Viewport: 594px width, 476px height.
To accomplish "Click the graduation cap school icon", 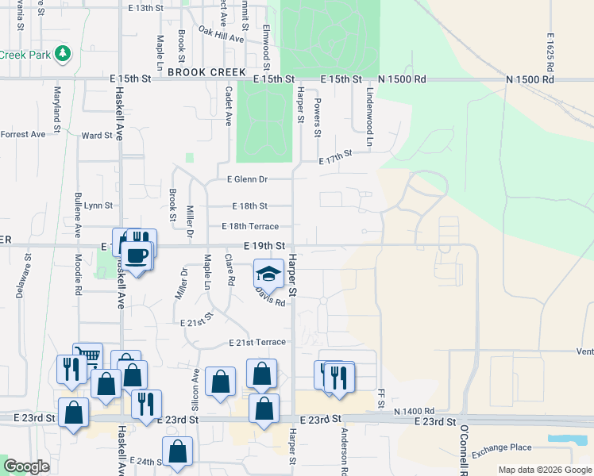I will tap(268, 274).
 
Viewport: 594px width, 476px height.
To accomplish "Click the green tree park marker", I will tap(63, 54).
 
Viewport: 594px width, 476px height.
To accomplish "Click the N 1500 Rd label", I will tap(403, 80).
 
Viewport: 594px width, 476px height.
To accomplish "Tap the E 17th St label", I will tap(335, 159).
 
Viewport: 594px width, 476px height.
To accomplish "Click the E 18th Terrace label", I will tap(250, 227).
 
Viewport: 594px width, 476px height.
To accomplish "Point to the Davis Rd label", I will tap(269, 297).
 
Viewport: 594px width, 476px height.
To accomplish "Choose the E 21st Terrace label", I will tap(256, 343).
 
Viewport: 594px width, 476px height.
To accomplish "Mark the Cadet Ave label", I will tap(228, 106).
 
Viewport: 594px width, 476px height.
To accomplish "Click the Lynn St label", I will tap(98, 205).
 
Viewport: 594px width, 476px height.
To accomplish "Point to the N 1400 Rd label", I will tap(418, 411).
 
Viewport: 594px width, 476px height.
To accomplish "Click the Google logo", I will tap(27, 466).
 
